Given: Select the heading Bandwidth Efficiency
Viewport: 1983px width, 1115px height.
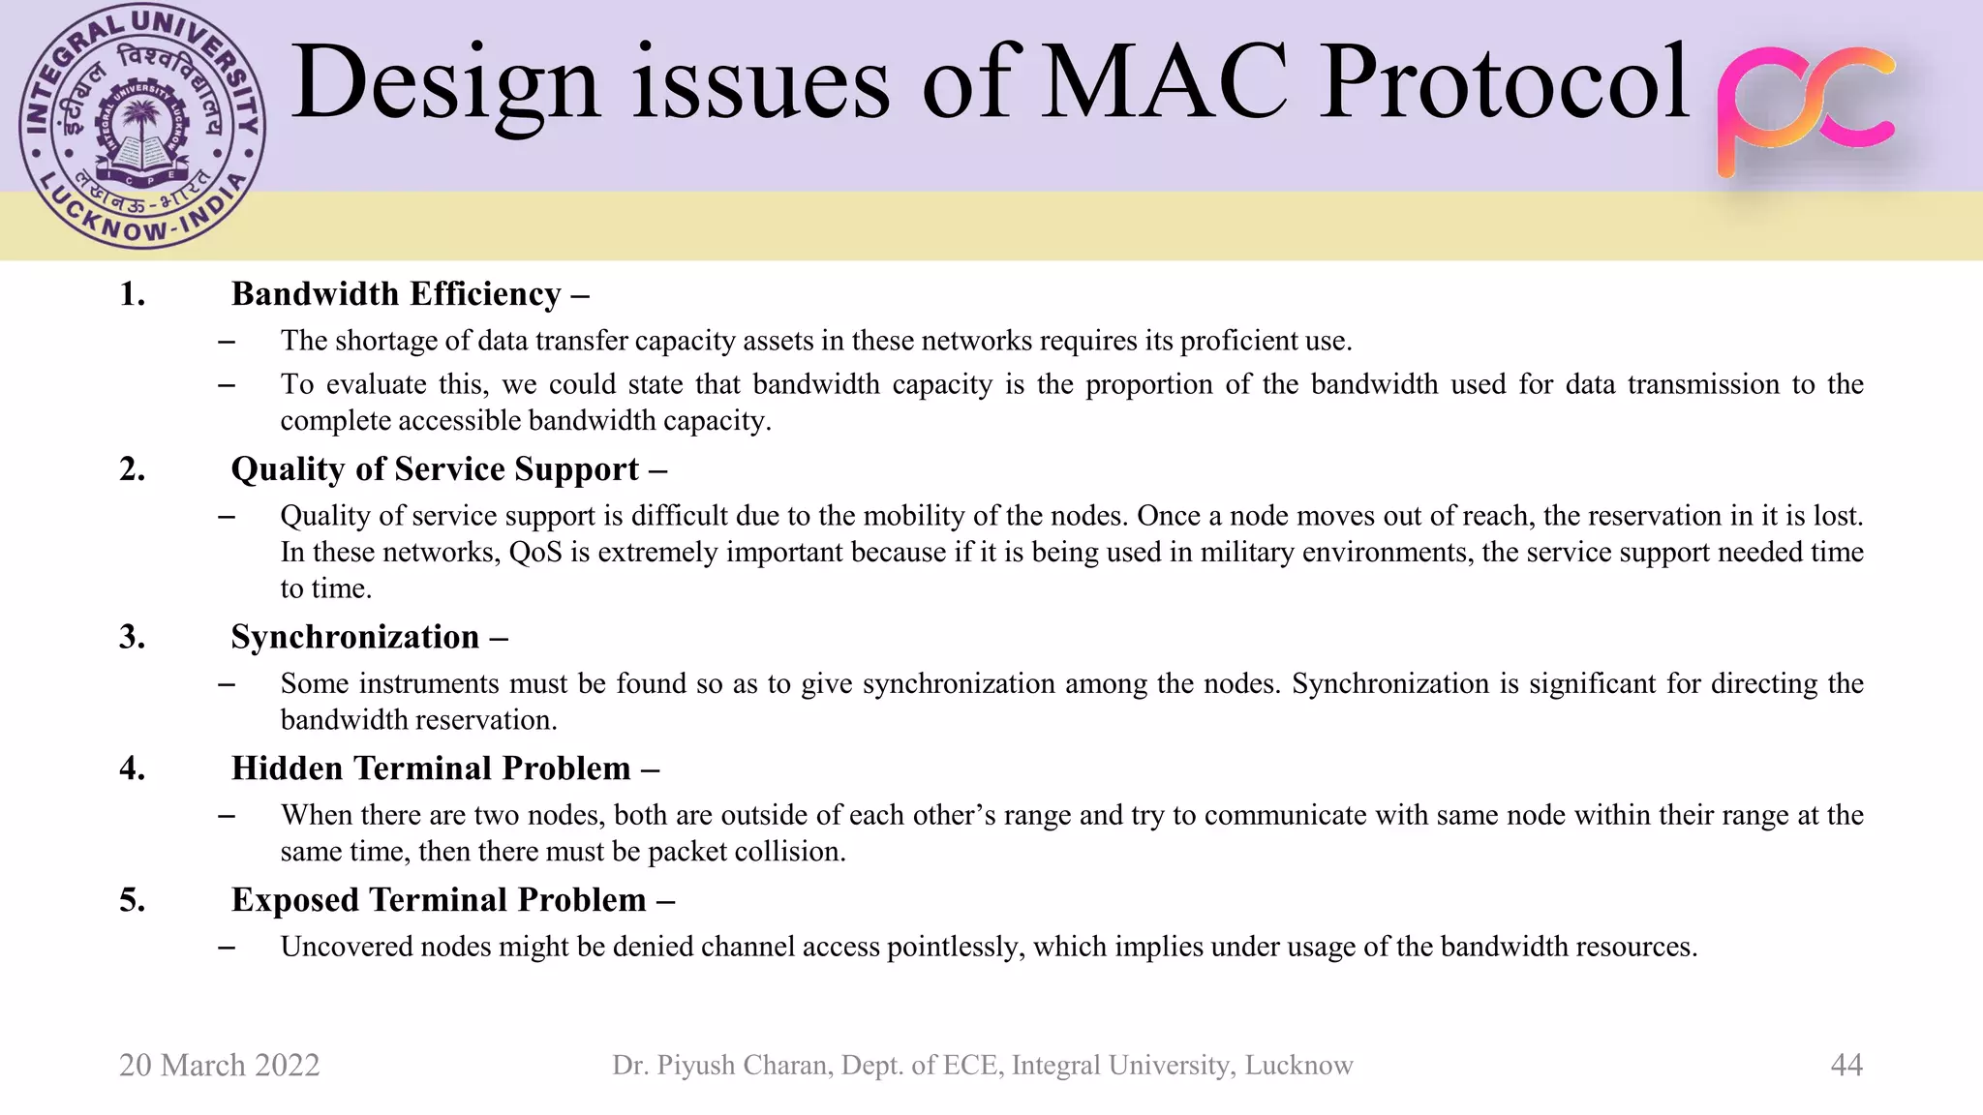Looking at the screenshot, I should pyautogui.click(x=396, y=294).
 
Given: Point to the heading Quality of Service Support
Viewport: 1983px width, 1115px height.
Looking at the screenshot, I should pyautogui.click(x=435, y=469).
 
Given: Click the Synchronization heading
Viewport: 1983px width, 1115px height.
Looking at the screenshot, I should pyautogui.click(x=355, y=637).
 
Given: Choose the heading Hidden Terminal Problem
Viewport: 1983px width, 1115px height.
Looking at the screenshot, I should pyautogui.click(x=431, y=768).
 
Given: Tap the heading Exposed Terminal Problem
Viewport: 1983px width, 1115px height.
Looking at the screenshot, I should pyautogui.click(x=439, y=900).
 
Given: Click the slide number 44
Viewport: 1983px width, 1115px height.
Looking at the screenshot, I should pyautogui.click(x=1846, y=1065).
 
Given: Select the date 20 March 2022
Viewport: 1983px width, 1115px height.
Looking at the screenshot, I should pyautogui.click(x=219, y=1065).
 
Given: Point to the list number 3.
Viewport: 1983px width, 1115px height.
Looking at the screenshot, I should pyautogui.click(x=133, y=637).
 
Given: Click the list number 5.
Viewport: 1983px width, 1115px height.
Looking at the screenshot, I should pyautogui.click(x=133, y=900).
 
